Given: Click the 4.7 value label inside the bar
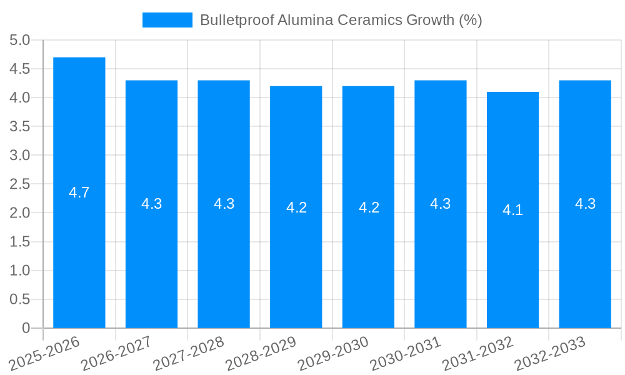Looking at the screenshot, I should point(79,192).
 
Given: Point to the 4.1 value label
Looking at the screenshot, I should point(512,210).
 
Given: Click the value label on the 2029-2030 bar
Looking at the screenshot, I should point(369,207).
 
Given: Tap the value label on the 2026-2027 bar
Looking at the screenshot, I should point(152,204).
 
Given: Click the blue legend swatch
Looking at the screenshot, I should point(167,20).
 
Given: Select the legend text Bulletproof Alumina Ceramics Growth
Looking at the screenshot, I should point(341,20).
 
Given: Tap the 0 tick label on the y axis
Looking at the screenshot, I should point(26,328).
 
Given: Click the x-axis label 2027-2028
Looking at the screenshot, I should point(189,354).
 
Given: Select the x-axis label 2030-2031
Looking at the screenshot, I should point(406,354).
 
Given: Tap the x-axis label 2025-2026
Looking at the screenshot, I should point(45,354).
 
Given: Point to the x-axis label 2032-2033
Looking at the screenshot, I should point(550,354).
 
